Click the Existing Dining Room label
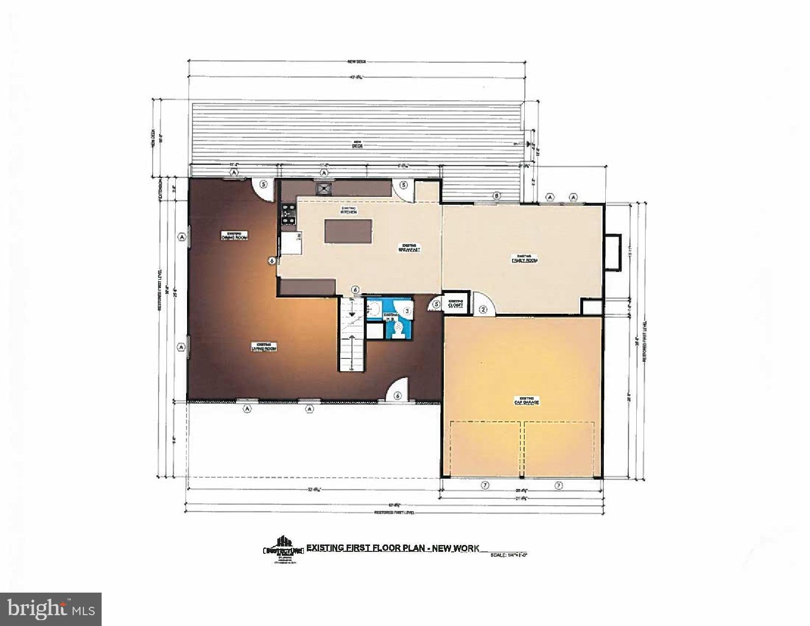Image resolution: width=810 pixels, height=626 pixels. point(234,236)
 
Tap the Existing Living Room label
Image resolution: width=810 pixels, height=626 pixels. point(264,347)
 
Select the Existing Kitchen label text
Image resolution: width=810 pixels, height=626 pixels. point(349,210)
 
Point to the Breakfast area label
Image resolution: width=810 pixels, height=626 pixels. point(409,247)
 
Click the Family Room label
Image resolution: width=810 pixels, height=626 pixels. point(524,259)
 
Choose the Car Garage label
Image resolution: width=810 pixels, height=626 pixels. point(526,401)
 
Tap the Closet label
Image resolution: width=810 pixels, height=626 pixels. point(456,303)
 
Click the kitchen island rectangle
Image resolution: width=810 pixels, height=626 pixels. point(348,231)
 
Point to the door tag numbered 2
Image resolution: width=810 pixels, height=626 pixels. point(483,309)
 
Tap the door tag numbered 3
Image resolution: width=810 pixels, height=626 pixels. point(407,310)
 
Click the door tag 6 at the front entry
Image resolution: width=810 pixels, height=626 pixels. point(398,396)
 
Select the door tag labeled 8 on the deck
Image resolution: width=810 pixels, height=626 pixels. point(497,196)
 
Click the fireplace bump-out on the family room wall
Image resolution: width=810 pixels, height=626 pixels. point(613,251)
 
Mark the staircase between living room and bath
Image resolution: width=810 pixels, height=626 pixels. point(352,335)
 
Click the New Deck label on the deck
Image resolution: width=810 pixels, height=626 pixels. point(356,144)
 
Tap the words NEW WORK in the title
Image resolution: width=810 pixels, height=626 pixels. point(455,548)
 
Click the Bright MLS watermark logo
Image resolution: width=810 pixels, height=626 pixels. point(51,609)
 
